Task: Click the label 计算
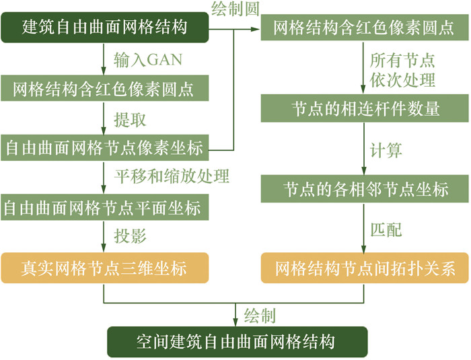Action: coord(386,149)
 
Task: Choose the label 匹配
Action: coord(386,229)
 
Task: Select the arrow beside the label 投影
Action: coord(104,238)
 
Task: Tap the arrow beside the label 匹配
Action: coord(366,229)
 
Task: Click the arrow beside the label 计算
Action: coord(366,149)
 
